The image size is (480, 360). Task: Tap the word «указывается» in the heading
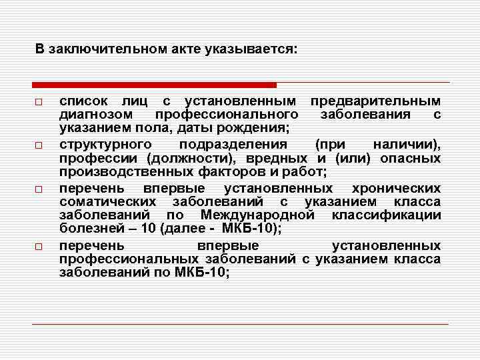click(257, 50)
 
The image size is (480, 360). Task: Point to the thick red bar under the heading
click(154, 85)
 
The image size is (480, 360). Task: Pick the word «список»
click(81, 101)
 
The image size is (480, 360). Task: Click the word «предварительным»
click(375, 101)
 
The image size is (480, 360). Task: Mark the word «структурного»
click(105, 145)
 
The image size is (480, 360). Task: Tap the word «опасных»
click(410, 158)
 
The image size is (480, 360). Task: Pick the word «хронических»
click(396, 189)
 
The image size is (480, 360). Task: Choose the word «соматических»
click(107, 202)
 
